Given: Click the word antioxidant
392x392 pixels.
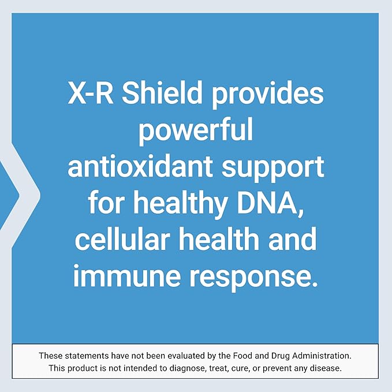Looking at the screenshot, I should click(x=137, y=169).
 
